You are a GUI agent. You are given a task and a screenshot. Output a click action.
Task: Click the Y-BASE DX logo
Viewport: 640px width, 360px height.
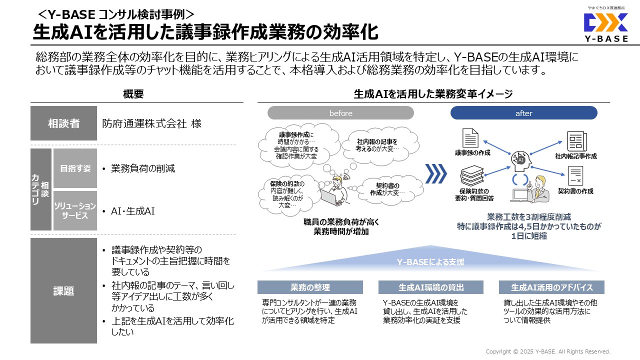[x=605, y=25]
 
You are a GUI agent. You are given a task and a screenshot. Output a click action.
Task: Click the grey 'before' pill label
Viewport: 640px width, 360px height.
[x=340, y=113]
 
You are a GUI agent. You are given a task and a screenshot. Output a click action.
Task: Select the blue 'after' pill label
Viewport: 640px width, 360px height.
[x=523, y=113]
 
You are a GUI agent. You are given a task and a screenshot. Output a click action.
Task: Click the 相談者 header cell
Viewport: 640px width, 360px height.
[x=63, y=123]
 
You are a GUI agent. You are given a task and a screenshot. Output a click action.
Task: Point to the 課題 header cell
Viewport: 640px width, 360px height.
[x=63, y=290]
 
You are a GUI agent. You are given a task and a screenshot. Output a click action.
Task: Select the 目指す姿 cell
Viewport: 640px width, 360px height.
[x=75, y=168]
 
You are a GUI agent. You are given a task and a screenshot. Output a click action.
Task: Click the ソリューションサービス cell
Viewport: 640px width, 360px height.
[x=75, y=210]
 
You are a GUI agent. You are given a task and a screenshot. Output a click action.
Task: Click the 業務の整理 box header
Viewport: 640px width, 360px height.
[x=310, y=287]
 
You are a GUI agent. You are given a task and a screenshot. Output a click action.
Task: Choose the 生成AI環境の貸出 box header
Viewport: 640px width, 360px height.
[x=431, y=287]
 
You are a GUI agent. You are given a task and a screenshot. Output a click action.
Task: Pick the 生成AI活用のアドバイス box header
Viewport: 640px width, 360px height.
[x=551, y=287]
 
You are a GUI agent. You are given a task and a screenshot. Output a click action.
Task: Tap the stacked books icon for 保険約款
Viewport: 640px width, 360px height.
[x=472, y=175]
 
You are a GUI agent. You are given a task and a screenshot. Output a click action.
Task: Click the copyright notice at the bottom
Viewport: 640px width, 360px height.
[x=548, y=351]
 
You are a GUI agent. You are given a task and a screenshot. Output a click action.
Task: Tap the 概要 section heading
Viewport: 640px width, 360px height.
[x=133, y=94]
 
